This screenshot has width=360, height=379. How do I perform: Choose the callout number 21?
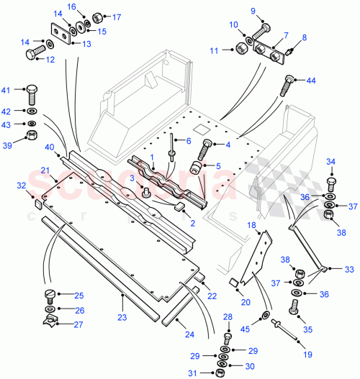point(44,170)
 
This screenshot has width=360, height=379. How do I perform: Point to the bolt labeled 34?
point(331,177)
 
